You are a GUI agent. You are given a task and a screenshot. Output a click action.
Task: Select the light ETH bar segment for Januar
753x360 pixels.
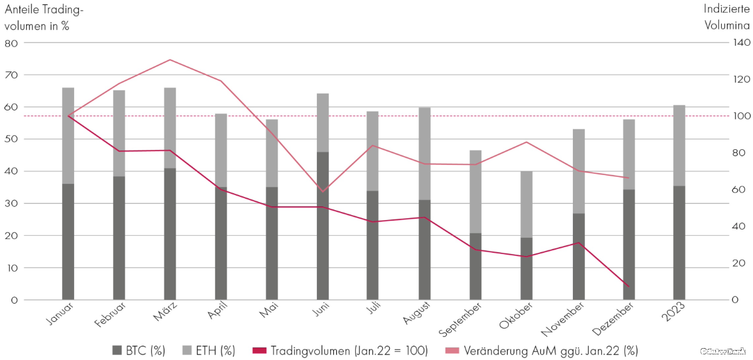point(68,135)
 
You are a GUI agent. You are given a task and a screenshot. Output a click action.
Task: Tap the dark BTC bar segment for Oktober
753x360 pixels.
point(526,268)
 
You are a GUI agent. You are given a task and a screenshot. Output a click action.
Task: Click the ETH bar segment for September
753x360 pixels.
point(476,192)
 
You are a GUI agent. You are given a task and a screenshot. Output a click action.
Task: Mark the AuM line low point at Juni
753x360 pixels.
point(323,191)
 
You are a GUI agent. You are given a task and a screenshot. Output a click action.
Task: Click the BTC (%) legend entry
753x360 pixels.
point(139,351)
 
